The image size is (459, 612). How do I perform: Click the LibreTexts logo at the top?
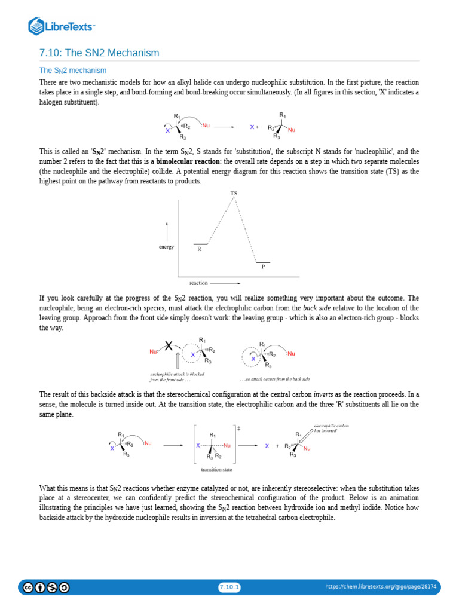click(62, 26)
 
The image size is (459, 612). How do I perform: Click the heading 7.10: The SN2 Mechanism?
click(99, 53)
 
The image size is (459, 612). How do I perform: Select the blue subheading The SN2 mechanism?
click(73, 71)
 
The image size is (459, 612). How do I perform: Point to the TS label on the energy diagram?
click(234, 194)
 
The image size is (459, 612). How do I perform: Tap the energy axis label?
click(166, 247)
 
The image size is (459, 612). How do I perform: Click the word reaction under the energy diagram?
click(198, 283)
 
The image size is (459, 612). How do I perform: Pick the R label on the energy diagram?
click(199, 249)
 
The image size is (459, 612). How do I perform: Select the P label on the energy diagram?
click(263, 267)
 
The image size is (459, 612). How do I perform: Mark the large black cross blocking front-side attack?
click(170, 346)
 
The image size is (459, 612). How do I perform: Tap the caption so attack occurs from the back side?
click(274, 379)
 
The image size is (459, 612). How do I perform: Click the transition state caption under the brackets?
click(216, 469)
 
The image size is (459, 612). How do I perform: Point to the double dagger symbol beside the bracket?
click(238, 429)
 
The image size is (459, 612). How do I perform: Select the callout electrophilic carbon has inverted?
click(331, 428)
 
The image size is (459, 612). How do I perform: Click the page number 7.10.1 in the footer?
click(229, 587)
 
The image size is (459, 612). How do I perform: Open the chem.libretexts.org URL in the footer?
click(381, 587)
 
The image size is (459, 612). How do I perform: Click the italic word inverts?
click(324, 394)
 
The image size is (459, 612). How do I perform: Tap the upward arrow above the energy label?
click(167, 230)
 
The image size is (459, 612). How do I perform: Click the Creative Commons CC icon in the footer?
click(28, 587)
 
